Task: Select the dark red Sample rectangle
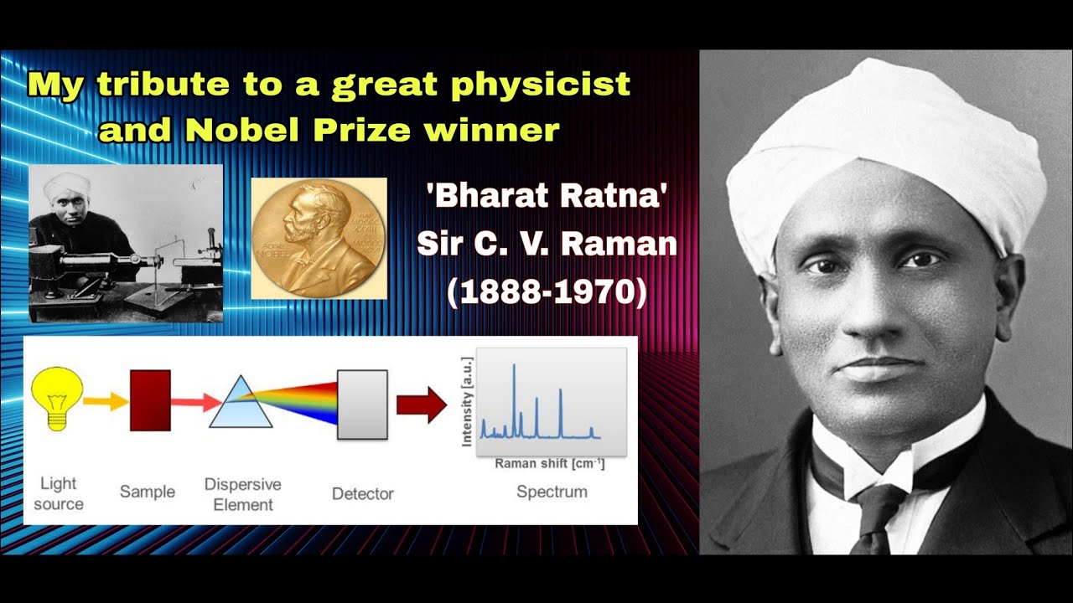click(x=150, y=400)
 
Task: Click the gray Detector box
click(x=362, y=405)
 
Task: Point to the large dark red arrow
click(x=421, y=405)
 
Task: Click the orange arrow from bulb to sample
click(x=106, y=402)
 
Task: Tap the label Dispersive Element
click(x=242, y=494)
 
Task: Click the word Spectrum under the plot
click(x=552, y=492)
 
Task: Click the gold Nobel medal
click(x=319, y=238)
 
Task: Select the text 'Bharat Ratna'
click(x=547, y=198)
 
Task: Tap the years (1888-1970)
click(x=547, y=294)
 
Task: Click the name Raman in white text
click(x=619, y=245)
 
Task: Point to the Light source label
click(x=59, y=493)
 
